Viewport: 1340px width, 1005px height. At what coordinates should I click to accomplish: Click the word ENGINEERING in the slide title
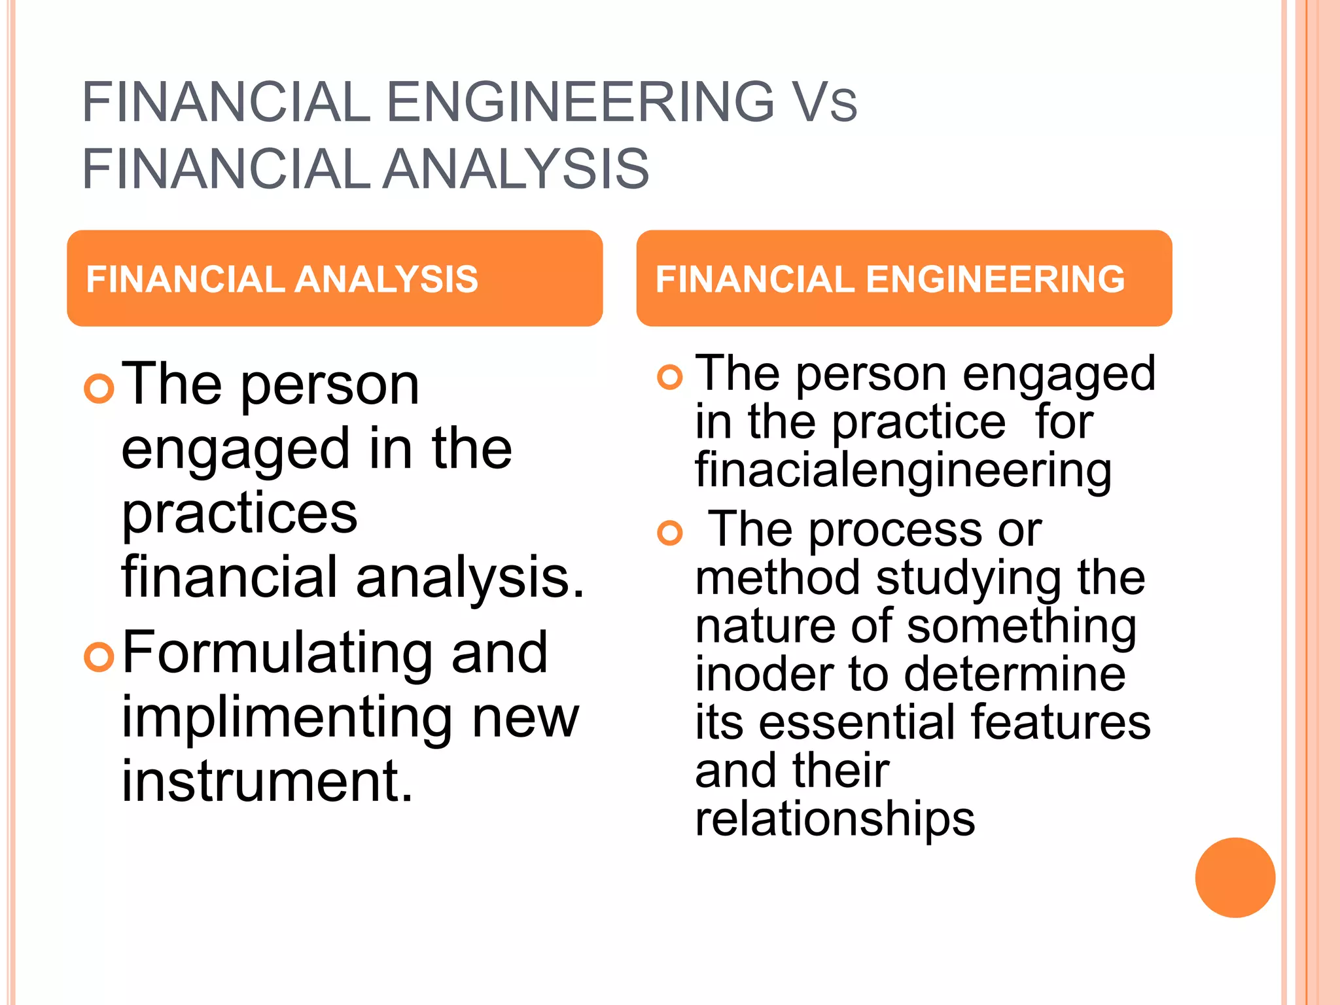pyautogui.click(x=580, y=102)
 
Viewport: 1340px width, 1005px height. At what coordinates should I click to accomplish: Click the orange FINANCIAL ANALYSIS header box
pyautogui.click(x=334, y=278)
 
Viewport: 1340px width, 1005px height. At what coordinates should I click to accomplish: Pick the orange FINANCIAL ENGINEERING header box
pyautogui.click(x=904, y=278)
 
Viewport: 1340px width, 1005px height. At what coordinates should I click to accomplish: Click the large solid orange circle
pyautogui.click(x=1235, y=877)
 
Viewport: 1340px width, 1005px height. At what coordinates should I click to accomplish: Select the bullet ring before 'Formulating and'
pyautogui.click(x=99, y=656)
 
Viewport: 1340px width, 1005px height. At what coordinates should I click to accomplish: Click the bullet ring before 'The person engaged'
pyautogui.click(x=669, y=377)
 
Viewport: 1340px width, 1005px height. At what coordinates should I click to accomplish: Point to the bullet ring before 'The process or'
pyautogui.click(x=669, y=533)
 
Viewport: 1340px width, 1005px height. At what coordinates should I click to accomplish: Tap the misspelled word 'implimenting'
pyautogui.click(x=287, y=718)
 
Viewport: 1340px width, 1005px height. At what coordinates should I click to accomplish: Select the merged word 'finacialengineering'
pyautogui.click(x=903, y=471)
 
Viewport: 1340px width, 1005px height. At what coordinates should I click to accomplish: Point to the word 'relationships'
pyautogui.click(x=835, y=819)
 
